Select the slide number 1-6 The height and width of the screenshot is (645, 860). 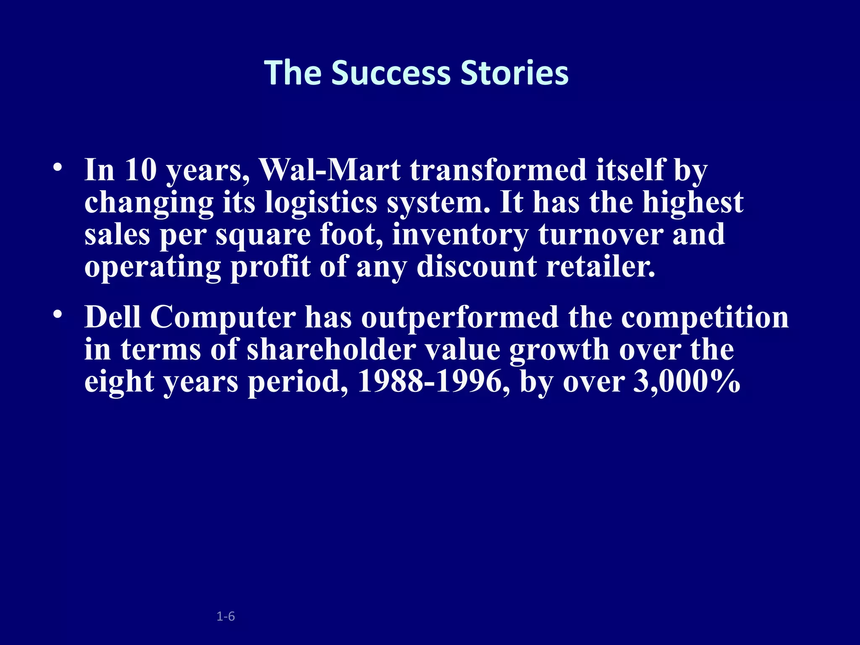(225, 616)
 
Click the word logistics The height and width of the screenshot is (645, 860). (321, 202)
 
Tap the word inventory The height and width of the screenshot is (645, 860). (460, 234)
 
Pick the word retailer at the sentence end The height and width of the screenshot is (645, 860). (600, 266)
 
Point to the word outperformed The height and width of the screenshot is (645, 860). (459, 317)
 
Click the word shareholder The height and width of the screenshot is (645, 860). (331, 349)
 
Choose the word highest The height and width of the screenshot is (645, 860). (693, 202)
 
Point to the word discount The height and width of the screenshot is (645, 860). (477, 266)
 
